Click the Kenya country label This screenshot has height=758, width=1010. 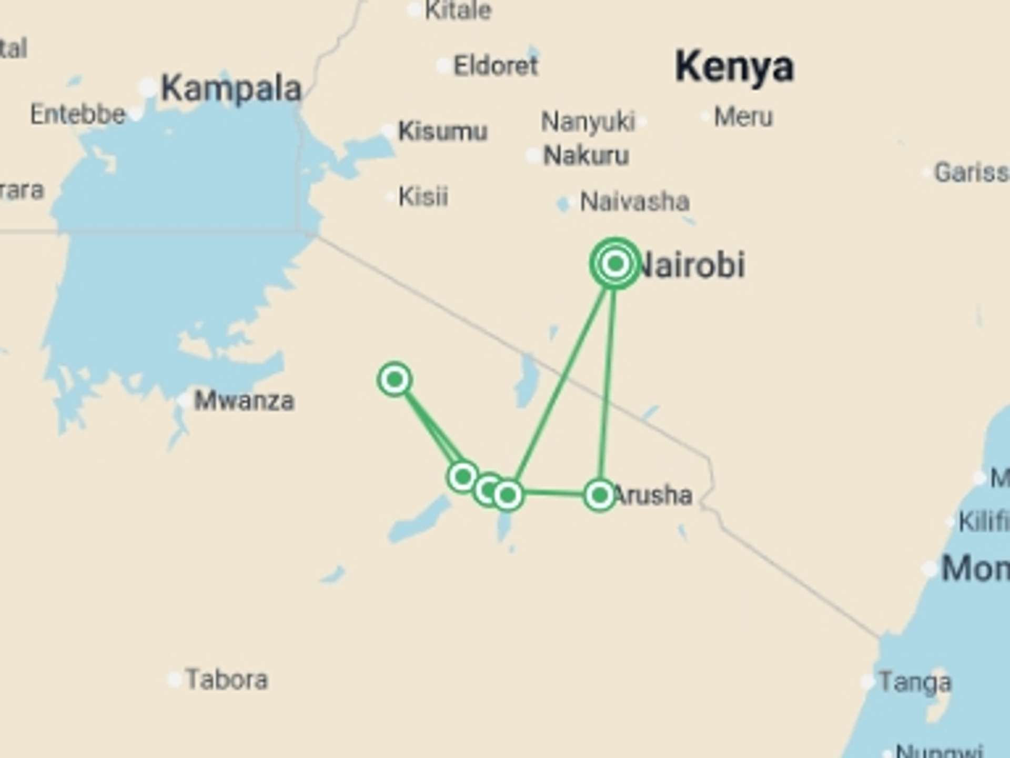point(734,67)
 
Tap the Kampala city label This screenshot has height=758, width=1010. point(231,88)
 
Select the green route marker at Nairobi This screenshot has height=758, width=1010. point(615,263)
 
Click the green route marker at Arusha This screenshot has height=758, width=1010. point(600,495)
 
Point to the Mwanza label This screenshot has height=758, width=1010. point(244,401)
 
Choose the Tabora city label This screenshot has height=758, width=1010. point(227,680)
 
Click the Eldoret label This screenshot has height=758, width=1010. point(496,66)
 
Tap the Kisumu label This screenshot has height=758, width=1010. point(443,131)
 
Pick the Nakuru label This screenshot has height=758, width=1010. point(586,156)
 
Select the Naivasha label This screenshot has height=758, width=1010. point(634,202)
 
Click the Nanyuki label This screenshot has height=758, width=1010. point(588,122)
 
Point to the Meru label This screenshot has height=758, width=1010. point(743,117)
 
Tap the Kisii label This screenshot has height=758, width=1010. point(423,197)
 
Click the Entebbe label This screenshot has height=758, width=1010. point(78,114)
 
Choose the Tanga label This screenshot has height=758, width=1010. point(915,683)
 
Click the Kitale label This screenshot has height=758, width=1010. point(458,11)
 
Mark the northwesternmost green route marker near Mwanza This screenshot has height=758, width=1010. point(395,379)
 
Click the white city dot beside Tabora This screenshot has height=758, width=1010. point(174,679)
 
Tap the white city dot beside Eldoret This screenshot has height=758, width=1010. point(443,66)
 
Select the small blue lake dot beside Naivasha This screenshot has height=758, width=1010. point(563,203)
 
